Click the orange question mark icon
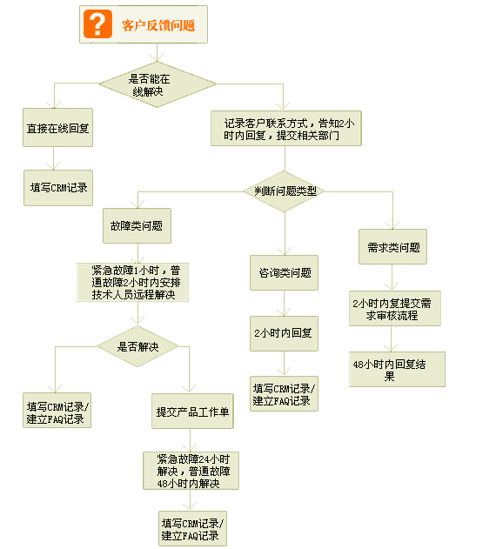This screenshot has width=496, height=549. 97,23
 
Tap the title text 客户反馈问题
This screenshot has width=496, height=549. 158,25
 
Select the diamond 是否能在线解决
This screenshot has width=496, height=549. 158,84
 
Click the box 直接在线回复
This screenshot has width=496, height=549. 57,127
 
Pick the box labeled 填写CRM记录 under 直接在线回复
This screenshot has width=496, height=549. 58,188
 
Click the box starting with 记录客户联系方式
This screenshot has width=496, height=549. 285,129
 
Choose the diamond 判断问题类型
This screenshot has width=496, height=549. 284,191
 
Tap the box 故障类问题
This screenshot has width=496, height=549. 137,226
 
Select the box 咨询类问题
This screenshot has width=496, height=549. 284,272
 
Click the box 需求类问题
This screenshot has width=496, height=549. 392,247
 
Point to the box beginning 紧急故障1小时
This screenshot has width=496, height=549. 133,282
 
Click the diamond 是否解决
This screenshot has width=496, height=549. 137,346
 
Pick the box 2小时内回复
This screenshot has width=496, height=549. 284,334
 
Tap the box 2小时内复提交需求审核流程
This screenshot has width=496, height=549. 395,309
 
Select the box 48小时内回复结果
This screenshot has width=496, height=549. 397,370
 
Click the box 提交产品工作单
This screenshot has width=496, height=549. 192,411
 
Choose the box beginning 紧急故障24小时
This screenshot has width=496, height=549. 191,471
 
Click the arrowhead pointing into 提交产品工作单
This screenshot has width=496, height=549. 189,389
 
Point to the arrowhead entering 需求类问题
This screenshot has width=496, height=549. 392,225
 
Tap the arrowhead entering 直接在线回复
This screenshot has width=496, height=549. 54,104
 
